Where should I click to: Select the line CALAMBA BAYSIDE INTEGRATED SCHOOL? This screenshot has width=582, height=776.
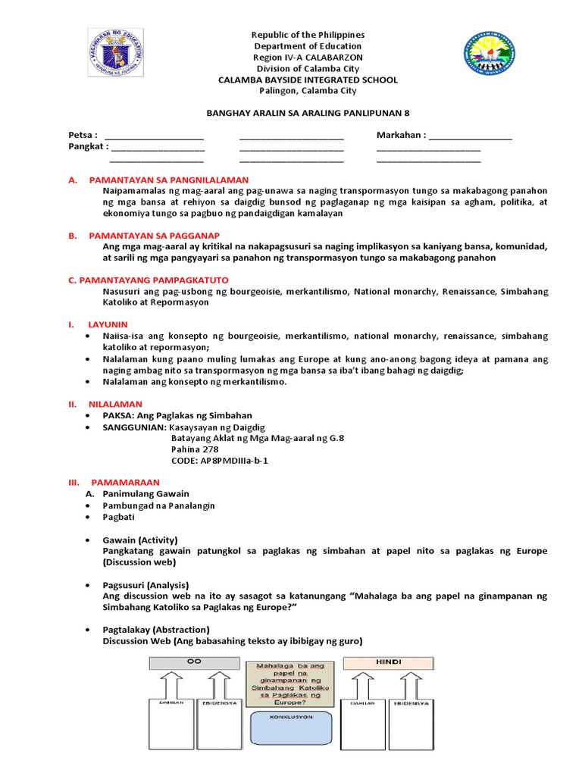[x=308, y=80]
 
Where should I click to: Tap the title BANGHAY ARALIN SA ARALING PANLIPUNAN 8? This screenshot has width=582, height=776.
[x=308, y=112]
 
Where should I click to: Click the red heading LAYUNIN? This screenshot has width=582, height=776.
[x=108, y=324]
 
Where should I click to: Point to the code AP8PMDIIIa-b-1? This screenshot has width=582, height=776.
[x=220, y=461]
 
